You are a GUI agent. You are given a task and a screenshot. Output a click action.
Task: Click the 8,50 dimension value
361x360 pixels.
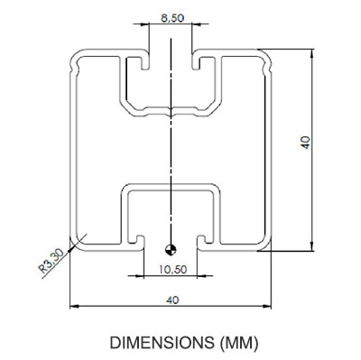coord(172,18)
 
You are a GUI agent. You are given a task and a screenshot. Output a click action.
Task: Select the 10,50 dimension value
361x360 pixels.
coord(172,269)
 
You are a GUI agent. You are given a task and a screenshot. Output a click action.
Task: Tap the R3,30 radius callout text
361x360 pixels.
coord(51,262)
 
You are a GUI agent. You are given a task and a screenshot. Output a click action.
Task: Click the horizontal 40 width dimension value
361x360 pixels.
coord(172,300)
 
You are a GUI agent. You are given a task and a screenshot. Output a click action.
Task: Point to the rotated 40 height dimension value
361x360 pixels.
coord(305,143)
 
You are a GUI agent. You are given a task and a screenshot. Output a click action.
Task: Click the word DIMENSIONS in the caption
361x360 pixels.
coord(162,343)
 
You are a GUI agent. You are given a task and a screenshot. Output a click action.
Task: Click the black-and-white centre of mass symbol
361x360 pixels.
coord(171,249)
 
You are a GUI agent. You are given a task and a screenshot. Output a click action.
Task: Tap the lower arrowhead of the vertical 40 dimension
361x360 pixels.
coord(312,245)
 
